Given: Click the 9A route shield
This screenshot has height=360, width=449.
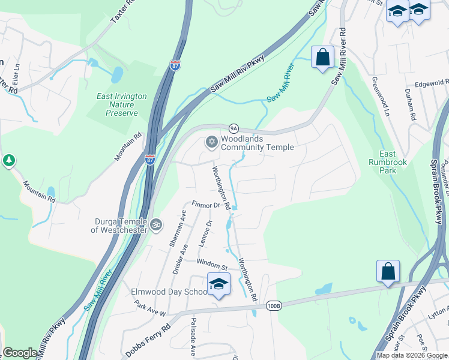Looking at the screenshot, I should (x=234, y=128).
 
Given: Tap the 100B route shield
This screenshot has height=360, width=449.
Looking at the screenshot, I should (x=272, y=305).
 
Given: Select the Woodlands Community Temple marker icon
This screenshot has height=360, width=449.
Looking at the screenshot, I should (x=211, y=142).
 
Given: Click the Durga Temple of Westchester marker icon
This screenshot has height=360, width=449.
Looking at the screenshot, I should (x=156, y=224).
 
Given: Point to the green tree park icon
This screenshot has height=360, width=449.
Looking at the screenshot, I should (x=8, y=160).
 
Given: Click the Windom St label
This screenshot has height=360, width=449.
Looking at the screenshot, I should (x=212, y=264).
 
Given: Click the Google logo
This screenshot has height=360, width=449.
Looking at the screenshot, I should (x=20, y=353).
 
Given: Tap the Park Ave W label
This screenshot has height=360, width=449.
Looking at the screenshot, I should (x=149, y=308).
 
